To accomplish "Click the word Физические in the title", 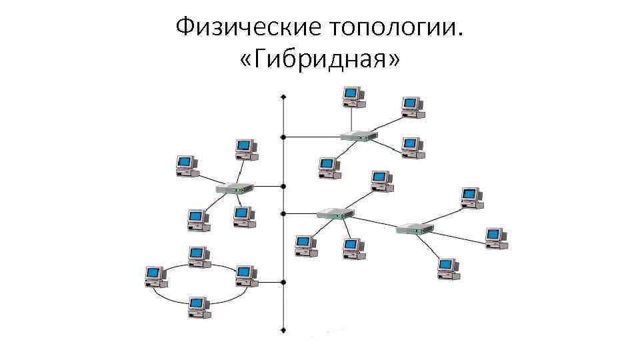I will [247, 28].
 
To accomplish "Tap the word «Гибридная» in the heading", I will [319, 61].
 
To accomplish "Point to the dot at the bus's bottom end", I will [284, 329].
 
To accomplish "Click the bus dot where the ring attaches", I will [284, 281].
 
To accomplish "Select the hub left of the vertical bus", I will [235, 188].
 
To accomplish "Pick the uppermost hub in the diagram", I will [359, 135].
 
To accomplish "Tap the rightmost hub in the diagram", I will [415, 229].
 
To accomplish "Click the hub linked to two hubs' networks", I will [335, 213].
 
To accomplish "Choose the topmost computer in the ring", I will [197, 255].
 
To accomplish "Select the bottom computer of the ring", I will [197, 307].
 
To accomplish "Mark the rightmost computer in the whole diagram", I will [495, 237].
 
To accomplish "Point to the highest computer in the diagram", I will [352, 96].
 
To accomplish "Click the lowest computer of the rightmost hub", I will [447, 268].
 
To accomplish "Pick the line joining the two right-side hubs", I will [375, 221].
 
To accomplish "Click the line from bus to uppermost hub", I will [312, 137].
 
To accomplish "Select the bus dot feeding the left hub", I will [284, 186].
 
